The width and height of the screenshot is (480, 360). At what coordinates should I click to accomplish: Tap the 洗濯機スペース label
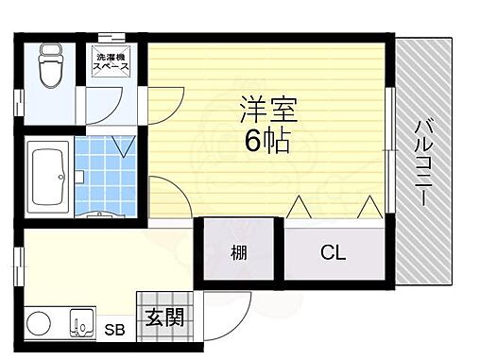click(x=112, y=64)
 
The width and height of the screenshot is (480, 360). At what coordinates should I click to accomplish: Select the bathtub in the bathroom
click(x=46, y=177)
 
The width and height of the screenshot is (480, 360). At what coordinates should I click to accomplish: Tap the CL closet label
click(x=333, y=253)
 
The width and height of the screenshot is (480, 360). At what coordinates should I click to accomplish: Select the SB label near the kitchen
click(x=113, y=331)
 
